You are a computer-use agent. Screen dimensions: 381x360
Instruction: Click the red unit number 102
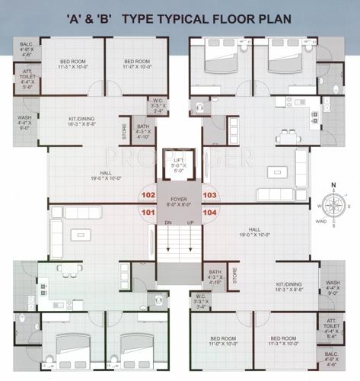coord(148,195)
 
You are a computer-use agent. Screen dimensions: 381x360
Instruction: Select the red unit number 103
coord(210,195)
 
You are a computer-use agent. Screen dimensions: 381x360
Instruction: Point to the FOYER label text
coord(179,200)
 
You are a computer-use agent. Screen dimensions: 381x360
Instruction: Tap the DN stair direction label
coord(167,222)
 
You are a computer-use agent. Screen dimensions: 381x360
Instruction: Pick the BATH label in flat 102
coord(142,126)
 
